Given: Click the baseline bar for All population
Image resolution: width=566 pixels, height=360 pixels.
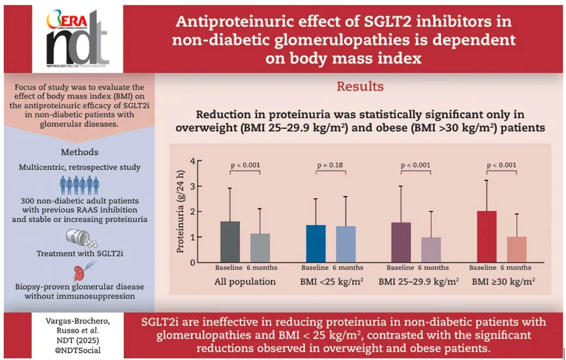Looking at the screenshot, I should pyautogui.click(x=231, y=241).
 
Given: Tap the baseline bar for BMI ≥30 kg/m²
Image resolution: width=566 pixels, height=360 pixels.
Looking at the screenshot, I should pyautogui.click(x=486, y=236).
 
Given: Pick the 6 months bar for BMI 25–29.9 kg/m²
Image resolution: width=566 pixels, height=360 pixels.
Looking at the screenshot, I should pyautogui.click(x=431, y=249).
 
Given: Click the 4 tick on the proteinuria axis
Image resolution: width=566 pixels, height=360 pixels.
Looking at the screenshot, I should pyautogui.click(x=192, y=161).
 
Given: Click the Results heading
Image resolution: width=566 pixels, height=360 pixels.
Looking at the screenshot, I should pyautogui.click(x=360, y=86).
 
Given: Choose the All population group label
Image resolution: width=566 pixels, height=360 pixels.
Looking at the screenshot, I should pyautogui.click(x=246, y=282).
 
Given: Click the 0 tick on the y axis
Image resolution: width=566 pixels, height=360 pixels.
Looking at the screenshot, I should pyautogui.click(x=192, y=262).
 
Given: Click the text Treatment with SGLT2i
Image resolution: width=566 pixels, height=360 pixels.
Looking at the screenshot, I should pyautogui.click(x=79, y=254).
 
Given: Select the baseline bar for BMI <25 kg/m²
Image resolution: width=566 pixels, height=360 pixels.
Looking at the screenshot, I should pyautogui.click(x=316, y=243).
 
